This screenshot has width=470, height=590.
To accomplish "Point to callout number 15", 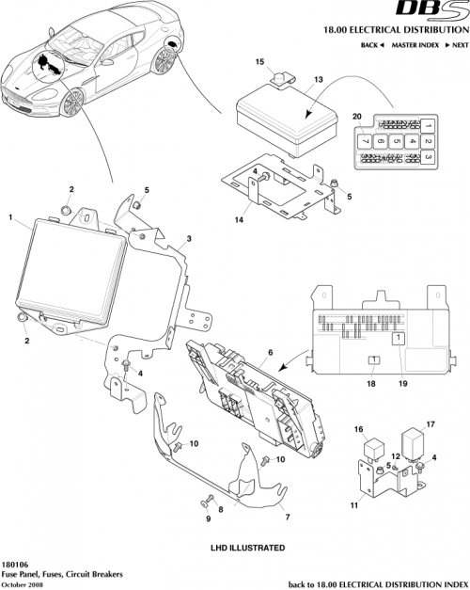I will [x=260, y=62].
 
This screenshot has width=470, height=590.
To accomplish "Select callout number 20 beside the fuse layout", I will [x=356, y=117].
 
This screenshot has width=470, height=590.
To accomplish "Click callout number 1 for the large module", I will [x=9, y=218].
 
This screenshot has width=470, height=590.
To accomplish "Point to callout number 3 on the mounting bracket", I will [x=189, y=241].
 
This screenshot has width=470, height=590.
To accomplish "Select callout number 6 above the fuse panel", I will [x=270, y=350].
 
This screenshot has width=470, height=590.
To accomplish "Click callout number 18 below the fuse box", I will [x=371, y=383].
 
